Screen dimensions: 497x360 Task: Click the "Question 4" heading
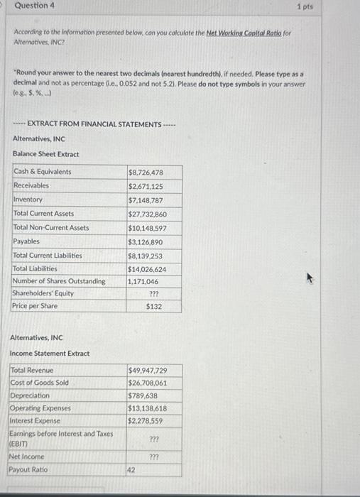point(35,6)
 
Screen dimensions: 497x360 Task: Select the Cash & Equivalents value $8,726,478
point(146,173)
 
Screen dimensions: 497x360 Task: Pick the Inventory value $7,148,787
point(146,200)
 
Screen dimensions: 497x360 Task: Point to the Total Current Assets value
point(148,214)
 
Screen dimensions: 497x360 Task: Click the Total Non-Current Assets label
point(51,228)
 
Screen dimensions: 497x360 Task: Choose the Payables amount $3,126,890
point(146,242)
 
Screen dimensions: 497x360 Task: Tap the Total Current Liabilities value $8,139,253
point(146,256)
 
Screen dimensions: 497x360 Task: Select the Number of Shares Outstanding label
point(59,281)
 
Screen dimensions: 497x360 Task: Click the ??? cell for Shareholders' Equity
point(153,293)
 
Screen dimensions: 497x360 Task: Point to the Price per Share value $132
point(154,307)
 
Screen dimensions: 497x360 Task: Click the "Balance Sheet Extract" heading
point(46,154)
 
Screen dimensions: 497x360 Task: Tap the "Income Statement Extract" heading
point(50,353)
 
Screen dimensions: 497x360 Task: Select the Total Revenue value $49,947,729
point(148,371)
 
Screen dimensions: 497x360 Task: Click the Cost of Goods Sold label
point(40,383)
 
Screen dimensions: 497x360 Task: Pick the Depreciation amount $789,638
point(143,395)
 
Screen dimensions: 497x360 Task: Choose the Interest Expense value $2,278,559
point(146,421)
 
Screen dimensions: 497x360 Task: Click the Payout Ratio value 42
point(131,470)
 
